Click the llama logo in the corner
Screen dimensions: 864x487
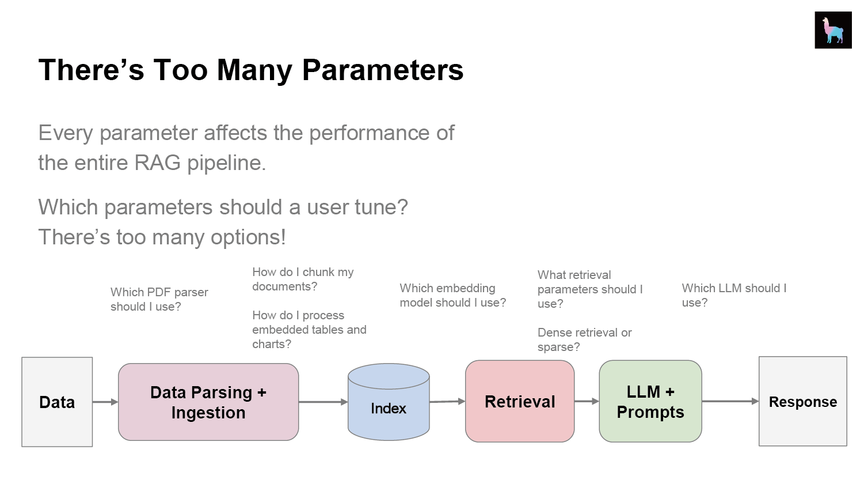pos(833,30)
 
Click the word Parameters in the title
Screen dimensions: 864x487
pos(383,70)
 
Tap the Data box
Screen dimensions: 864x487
pos(57,402)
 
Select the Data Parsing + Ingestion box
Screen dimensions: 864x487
pos(208,402)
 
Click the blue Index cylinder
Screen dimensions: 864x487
pos(389,402)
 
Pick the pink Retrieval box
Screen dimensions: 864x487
pos(520,401)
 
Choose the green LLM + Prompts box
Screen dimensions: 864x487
pos(650,401)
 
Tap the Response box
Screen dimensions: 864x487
pos(802,401)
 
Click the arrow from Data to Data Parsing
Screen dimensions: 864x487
pos(105,402)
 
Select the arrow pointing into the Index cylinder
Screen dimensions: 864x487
pos(323,402)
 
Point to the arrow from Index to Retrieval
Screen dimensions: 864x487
pos(447,402)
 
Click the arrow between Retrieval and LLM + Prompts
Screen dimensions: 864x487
pos(587,401)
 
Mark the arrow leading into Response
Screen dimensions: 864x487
pos(730,401)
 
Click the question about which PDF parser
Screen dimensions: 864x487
pos(159,299)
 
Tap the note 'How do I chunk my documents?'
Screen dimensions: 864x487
pos(303,279)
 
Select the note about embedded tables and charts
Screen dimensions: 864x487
pos(309,330)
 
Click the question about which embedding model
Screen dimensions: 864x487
pos(452,295)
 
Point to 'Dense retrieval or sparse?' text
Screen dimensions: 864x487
pos(584,339)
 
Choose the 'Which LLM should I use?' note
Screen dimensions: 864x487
pos(734,295)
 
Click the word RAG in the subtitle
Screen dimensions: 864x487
pos(157,163)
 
